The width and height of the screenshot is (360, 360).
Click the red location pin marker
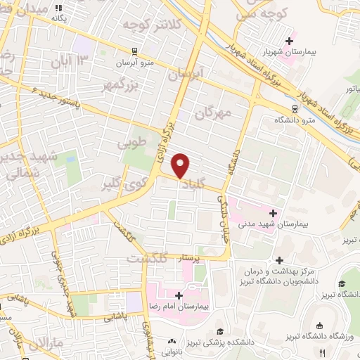click(181, 166)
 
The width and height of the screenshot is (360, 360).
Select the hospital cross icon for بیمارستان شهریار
click(289, 41)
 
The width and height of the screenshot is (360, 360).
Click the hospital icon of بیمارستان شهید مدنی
click(273, 212)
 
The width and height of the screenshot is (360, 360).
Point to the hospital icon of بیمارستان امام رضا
click(179, 295)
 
